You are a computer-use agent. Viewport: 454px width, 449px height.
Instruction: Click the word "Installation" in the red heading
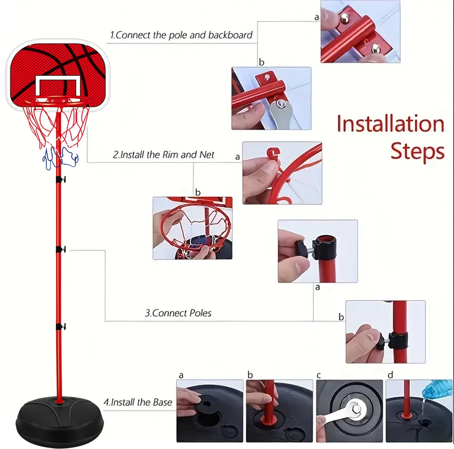(x=390, y=124)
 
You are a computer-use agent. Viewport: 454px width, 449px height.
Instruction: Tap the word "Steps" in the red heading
(x=417, y=152)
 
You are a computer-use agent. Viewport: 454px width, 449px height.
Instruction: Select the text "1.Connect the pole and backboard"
(x=181, y=35)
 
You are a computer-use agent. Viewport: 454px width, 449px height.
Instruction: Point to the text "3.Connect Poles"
(x=178, y=313)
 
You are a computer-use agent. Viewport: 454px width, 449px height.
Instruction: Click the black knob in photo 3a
(x=300, y=249)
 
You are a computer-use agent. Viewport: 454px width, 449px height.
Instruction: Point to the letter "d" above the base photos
(x=390, y=375)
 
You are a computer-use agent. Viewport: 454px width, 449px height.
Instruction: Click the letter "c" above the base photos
(x=319, y=375)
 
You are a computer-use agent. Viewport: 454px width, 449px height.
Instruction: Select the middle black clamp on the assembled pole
(x=60, y=249)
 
